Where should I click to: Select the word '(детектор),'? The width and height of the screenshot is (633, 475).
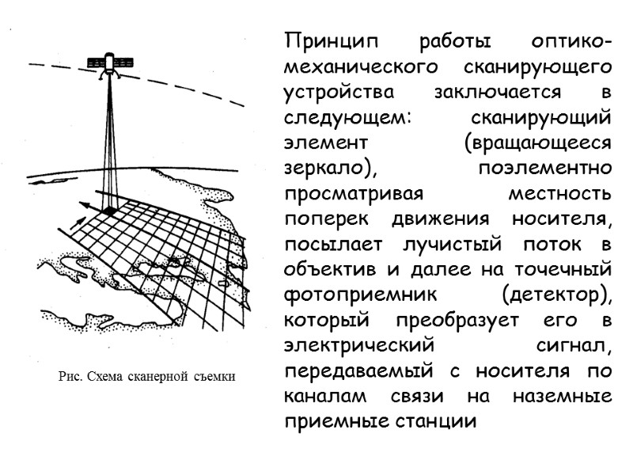556,295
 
